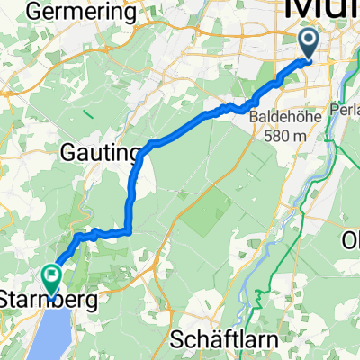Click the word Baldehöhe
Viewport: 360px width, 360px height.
[287, 118]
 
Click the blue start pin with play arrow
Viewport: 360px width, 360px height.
[308, 44]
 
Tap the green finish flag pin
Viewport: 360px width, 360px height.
[52, 280]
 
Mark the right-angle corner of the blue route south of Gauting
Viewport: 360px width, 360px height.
[132, 231]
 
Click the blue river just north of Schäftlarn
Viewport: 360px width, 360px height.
[244, 310]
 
